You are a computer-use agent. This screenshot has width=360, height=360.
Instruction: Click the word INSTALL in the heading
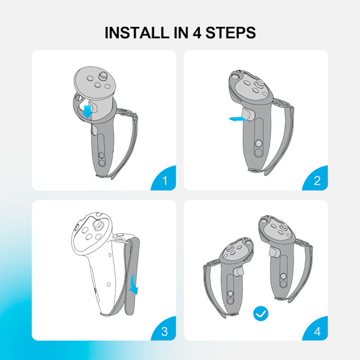pos(137,32)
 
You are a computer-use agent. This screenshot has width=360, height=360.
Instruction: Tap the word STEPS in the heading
pos(230,32)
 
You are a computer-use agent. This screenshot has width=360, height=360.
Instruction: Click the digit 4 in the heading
pos(197,33)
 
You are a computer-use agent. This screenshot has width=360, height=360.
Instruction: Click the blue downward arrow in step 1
pos(88,112)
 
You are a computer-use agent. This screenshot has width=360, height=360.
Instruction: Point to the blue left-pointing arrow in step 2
pos(238,119)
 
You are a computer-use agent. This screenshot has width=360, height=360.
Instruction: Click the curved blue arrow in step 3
pos(134,285)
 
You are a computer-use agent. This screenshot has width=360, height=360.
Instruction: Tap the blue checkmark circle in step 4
pos(260,313)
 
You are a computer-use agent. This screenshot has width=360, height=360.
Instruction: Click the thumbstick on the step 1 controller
pos(103,76)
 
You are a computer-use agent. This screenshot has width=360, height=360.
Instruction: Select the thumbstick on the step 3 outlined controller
pos(98,224)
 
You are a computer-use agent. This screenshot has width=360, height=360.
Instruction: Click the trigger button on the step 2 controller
pos(247,114)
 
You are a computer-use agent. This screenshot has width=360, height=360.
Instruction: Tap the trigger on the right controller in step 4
pos(274,251)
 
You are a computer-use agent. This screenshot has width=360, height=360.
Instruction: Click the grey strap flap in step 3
pos(132,277)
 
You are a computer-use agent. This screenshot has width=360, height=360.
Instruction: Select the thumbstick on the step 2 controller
pos(260,83)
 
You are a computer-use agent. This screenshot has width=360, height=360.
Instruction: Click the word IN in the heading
pos(181,32)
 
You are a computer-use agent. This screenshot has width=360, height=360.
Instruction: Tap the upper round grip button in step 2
pos(259,143)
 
